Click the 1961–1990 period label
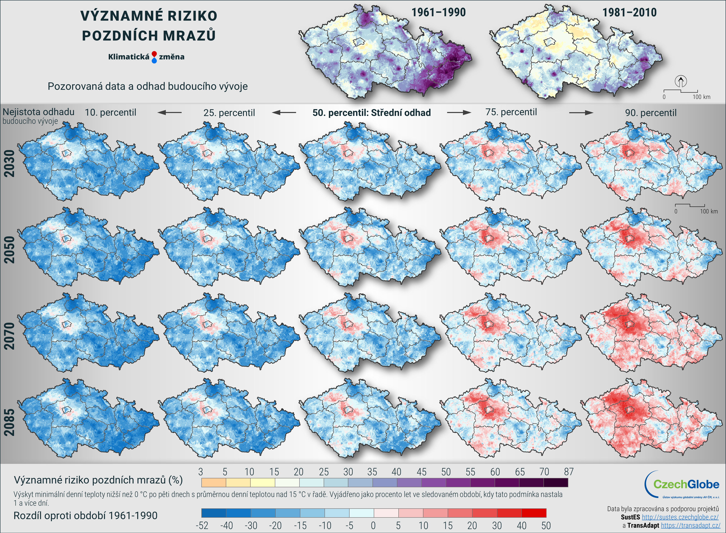tap(438, 13)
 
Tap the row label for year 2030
tap(10, 163)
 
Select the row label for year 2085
tap(10, 422)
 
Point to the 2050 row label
tap(10, 250)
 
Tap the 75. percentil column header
tap(511, 112)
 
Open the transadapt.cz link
tap(691, 526)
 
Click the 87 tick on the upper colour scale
tap(569, 472)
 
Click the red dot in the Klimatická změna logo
tap(154, 54)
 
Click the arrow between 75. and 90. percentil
tap(581, 113)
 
